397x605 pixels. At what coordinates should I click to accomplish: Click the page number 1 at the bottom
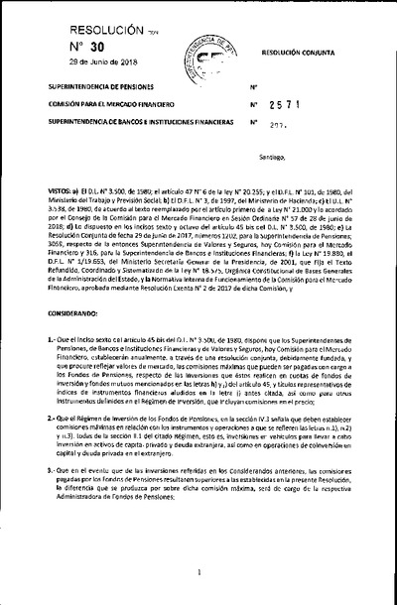pos(199,572)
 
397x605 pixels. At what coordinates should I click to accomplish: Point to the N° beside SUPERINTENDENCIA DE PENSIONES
pos(255,87)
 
